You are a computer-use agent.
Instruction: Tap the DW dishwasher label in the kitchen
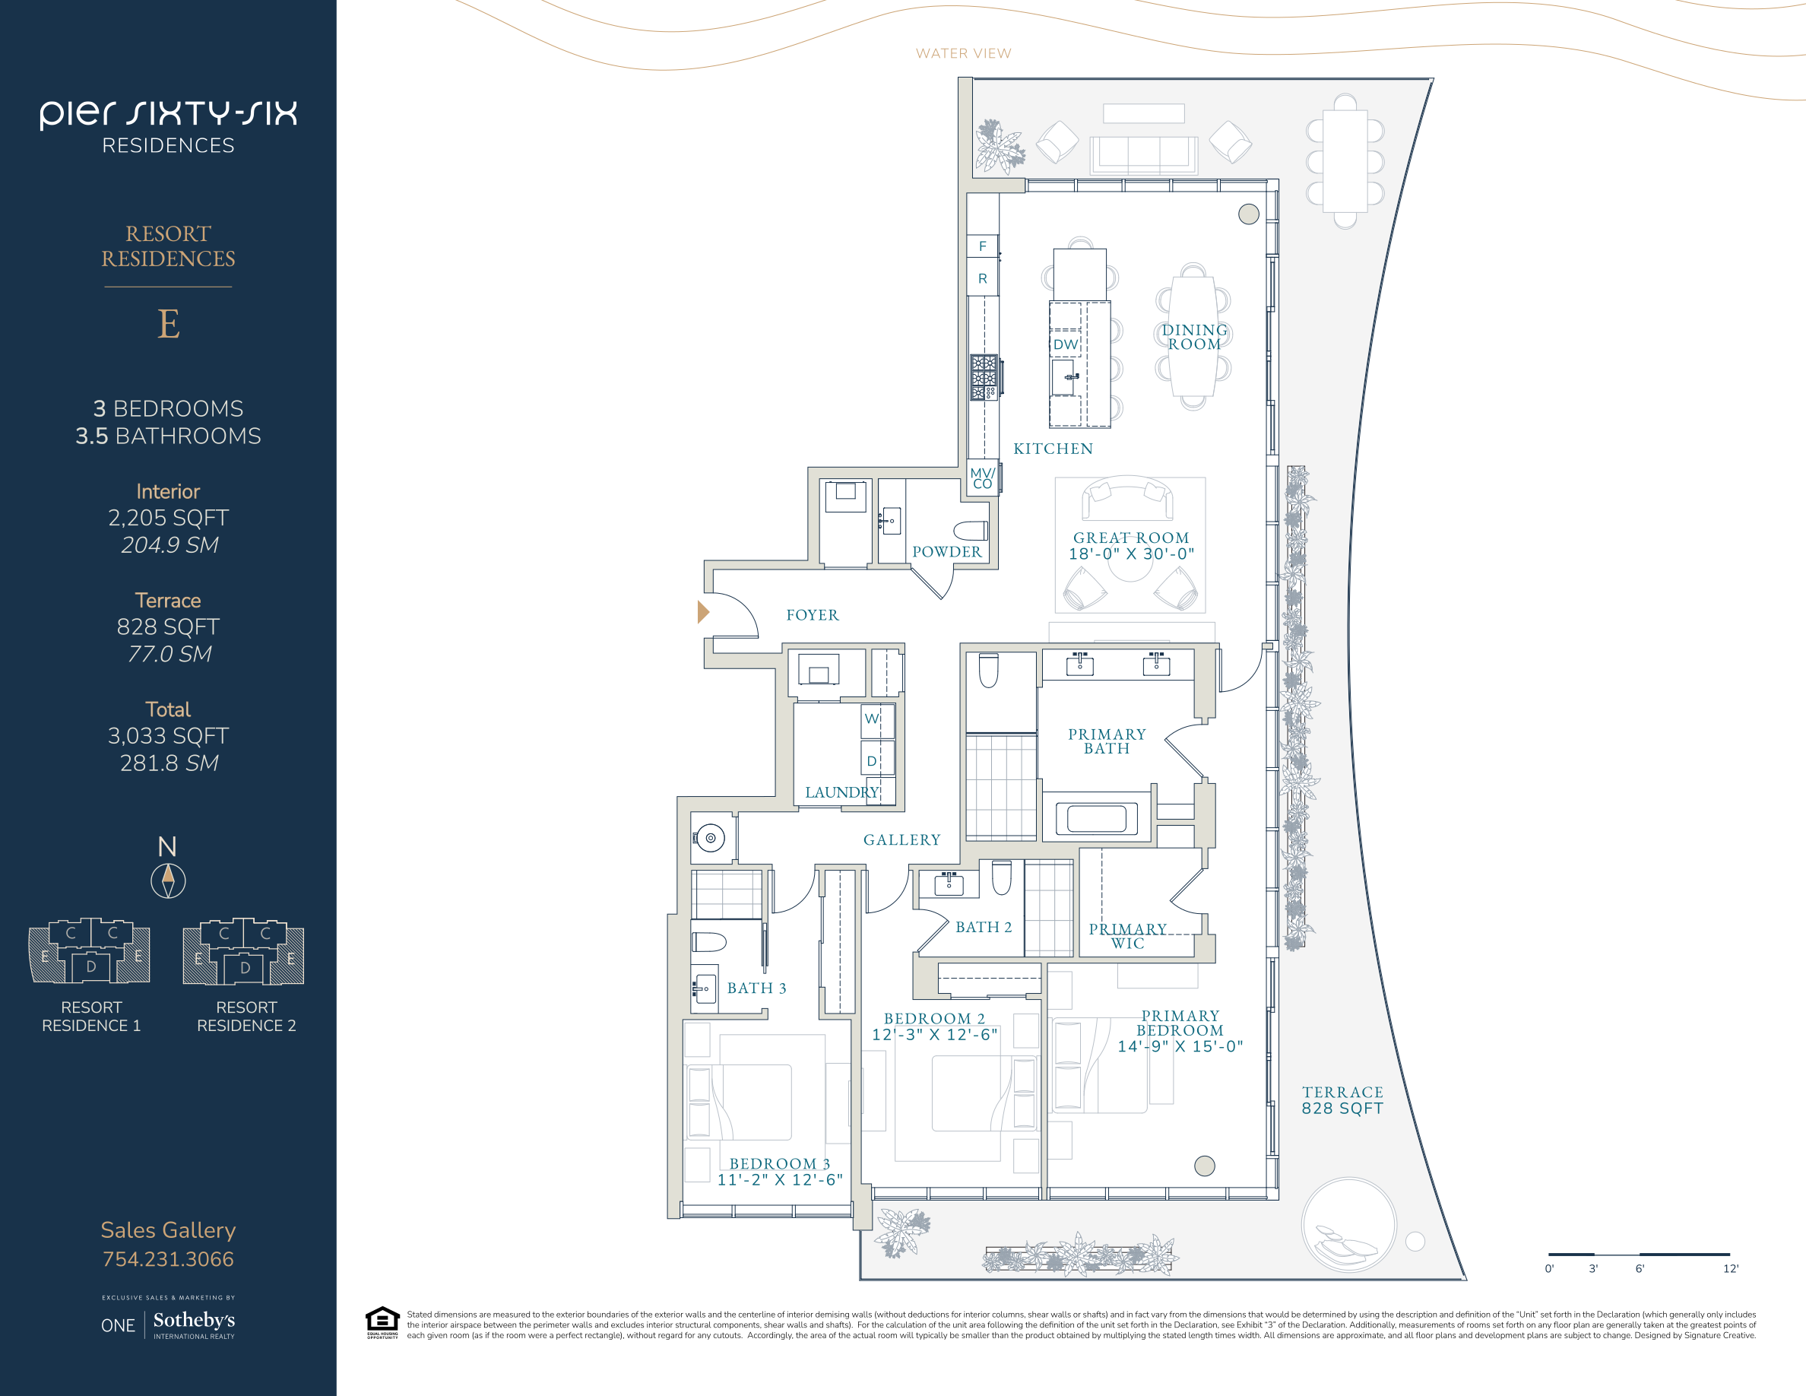(1065, 344)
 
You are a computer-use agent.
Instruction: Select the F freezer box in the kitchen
(982, 246)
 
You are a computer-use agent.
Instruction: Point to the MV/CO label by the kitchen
(982, 478)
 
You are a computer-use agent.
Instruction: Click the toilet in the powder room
(970, 530)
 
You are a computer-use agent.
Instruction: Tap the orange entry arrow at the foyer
(703, 612)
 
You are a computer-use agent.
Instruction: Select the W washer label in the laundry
(872, 718)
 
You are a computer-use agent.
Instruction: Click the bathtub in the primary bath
(1097, 818)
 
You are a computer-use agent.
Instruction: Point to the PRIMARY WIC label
(1128, 936)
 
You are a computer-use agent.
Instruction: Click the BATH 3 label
(756, 988)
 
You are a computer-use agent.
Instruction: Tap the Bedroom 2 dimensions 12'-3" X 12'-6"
(934, 1035)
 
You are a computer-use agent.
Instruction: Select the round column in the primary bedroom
(1205, 1166)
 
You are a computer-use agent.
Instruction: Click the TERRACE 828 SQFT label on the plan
(1342, 1100)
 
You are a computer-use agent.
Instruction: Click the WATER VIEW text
(963, 54)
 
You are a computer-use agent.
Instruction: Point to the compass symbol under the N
(168, 880)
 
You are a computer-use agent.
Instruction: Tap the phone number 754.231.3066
(168, 1258)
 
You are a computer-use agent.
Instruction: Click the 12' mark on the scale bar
(1730, 1268)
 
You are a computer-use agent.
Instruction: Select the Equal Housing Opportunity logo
(382, 1321)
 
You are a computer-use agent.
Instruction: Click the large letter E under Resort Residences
(169, 323)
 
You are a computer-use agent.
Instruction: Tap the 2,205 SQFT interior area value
(168, 518)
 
